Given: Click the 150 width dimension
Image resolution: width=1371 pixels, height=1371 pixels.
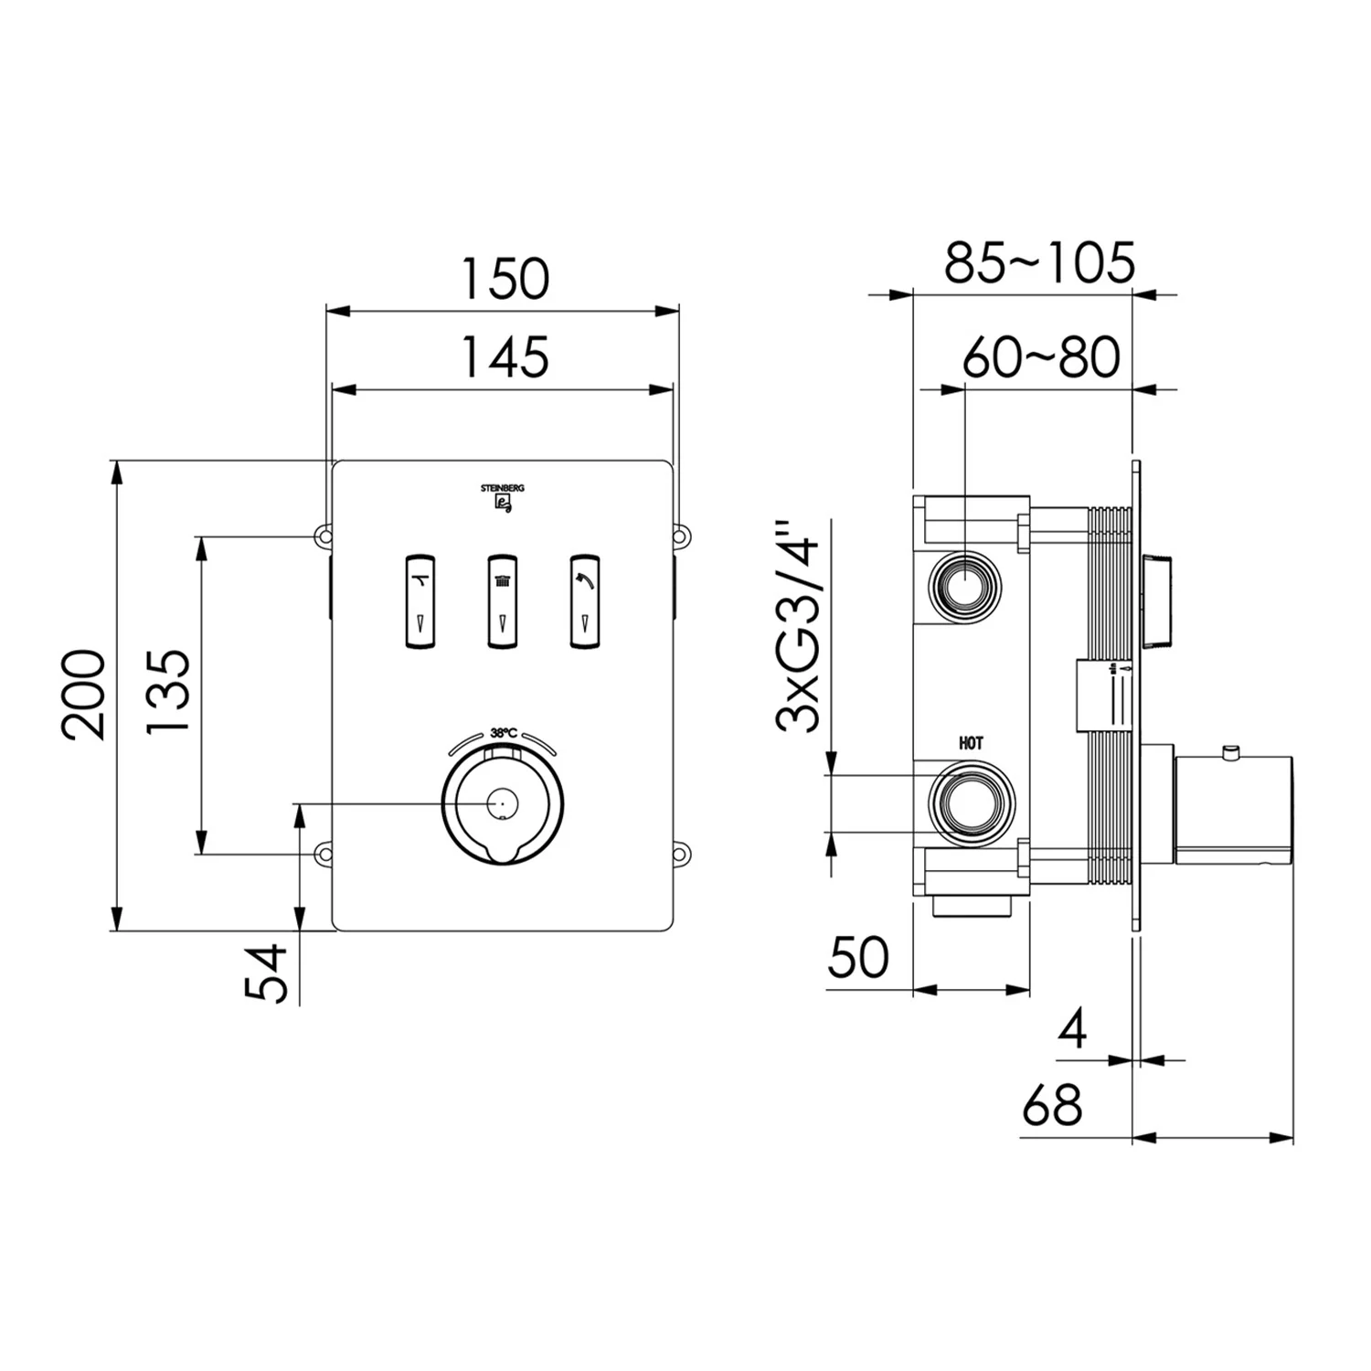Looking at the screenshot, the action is tap(505, 279).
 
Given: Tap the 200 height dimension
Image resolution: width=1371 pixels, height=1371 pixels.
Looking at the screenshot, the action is tap(84, 694).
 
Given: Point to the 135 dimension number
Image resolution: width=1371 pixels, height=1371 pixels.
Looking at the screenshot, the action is tap(167, 691).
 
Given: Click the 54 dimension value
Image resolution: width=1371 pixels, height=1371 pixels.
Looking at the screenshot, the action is tap(266, 974).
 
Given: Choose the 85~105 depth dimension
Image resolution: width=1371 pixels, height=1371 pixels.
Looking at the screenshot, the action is tap(1039, 262).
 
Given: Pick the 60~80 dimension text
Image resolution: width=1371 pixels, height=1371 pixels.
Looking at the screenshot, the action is tap(1041, 356).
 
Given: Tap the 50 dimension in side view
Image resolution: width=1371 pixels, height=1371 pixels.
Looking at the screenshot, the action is tap(857, 957).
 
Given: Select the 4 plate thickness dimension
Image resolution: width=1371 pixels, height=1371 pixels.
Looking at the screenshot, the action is tap(1073, 1029).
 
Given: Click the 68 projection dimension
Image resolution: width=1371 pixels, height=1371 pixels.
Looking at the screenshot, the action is tap(1051, 1105).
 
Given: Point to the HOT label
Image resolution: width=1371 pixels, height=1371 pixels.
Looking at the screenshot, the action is tap(971, 744).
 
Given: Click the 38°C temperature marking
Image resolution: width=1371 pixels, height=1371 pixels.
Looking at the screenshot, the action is tap(504, 732).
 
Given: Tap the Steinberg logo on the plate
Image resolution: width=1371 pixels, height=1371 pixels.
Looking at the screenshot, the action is tap(503, 499).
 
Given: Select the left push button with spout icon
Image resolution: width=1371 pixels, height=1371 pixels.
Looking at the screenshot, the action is tap(420, 600).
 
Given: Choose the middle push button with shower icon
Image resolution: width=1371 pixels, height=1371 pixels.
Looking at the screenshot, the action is tap(502, 600).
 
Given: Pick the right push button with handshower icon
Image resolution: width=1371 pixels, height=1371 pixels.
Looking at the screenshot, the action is tap(585, 600).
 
